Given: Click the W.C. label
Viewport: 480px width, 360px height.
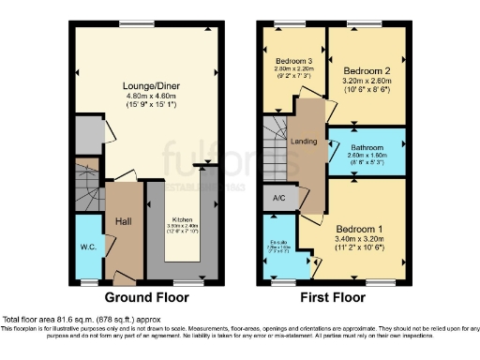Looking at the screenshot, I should (89, 247).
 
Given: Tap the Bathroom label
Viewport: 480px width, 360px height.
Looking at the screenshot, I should (367, 147).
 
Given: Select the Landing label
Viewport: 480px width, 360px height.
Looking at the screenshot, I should (303, 142).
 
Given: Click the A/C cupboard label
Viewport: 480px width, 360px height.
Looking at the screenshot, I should (278, 199).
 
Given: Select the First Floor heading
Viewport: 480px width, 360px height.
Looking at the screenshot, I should (334, 298).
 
